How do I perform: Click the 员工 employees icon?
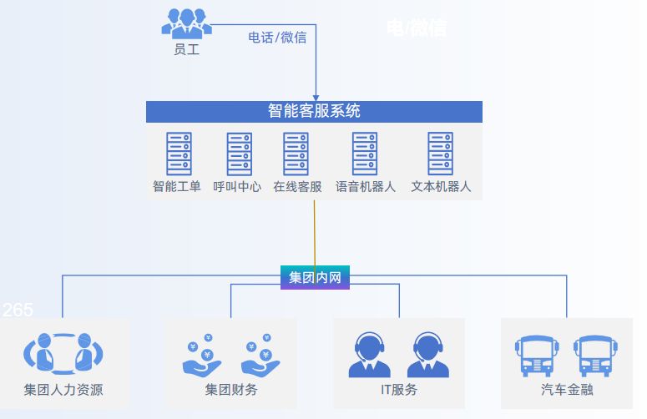186,23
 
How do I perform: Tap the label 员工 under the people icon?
186,50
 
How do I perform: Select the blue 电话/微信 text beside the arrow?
277,38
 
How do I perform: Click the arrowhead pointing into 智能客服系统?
316,96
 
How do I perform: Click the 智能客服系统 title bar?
314,111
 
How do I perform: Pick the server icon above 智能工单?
177,154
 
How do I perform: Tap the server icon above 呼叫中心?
238,154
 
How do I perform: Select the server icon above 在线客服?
296,154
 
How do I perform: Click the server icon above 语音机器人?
365,154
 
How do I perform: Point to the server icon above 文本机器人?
440,154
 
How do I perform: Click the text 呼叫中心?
238,187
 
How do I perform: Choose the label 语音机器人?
365,187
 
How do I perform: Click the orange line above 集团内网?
315,234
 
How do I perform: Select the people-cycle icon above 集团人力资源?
63,353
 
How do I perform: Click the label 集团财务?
231,390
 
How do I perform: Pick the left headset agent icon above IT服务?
369,355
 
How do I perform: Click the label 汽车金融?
567,390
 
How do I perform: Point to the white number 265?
18,310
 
